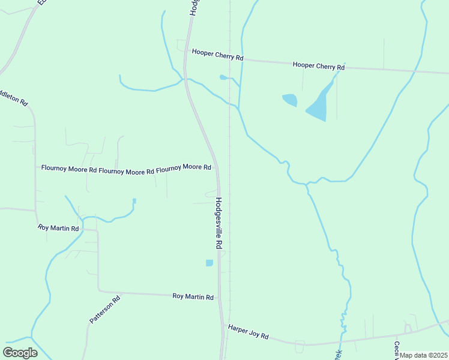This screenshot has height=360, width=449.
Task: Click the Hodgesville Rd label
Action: tap(219, 224)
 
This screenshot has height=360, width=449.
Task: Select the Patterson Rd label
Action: tap(105, 310)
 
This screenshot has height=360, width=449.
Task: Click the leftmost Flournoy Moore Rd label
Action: tap(69, 170)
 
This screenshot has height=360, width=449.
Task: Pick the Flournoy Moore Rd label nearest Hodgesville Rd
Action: tap(184, 167)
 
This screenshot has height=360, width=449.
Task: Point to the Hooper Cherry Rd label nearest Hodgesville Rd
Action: tap(217, 55)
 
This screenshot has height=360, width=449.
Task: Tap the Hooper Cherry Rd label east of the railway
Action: tap(319, 65)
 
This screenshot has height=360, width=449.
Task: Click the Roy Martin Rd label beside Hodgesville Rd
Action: tap(193, 297)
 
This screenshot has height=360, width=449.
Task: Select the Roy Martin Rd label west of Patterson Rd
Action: tap(58, 228)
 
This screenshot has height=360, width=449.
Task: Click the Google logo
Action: tap(20, 352)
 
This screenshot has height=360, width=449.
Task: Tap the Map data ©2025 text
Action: tap(424, 355)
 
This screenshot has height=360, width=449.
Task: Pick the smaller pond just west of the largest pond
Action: tap(290, 100)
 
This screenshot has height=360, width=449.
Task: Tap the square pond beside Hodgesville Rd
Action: tap(209, 263)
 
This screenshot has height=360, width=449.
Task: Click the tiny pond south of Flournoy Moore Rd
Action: tap(134, 200)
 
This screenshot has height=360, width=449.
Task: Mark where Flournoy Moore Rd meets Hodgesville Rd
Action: tap(217, 169)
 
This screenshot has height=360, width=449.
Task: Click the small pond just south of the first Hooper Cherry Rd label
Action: tap(223, 77)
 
